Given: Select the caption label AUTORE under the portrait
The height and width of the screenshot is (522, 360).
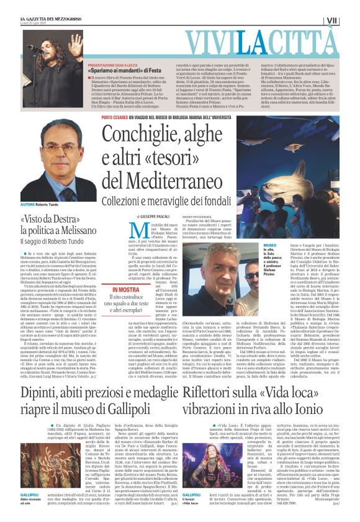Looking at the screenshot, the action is click(28, 204).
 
